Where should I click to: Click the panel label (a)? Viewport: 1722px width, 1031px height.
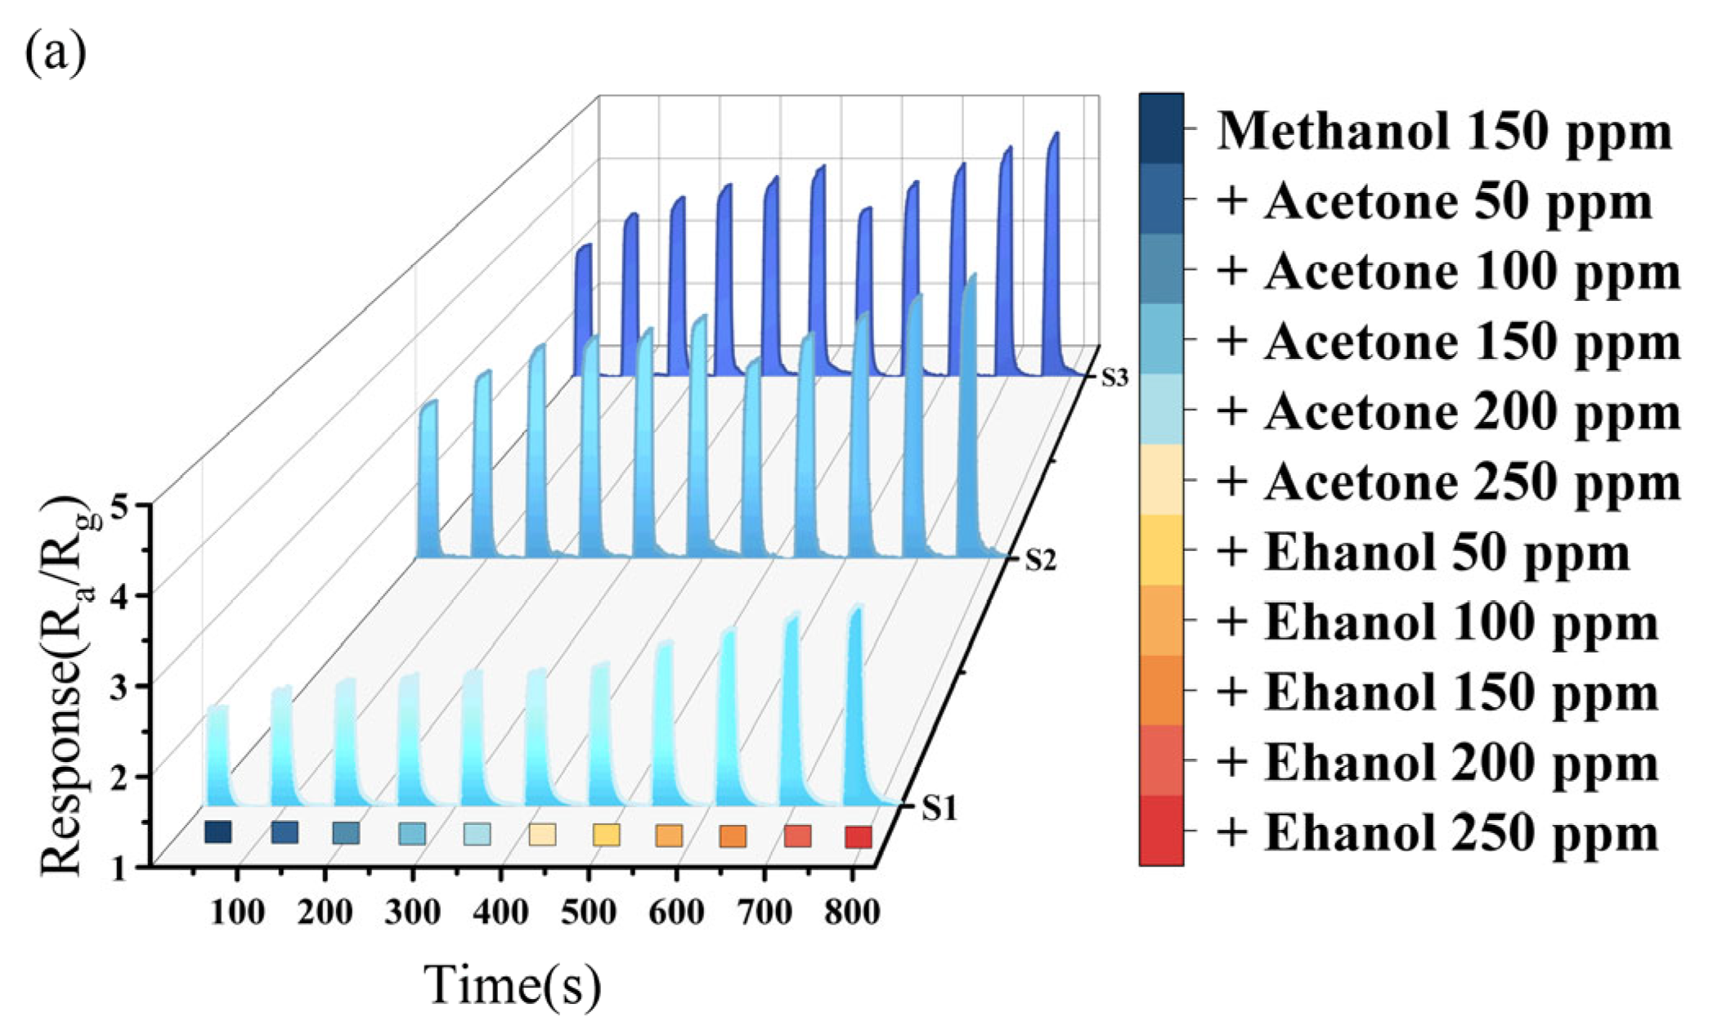point(56,54)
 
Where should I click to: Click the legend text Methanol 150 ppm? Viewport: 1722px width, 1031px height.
point(1444,131)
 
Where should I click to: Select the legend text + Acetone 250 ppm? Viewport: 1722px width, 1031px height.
point(1447,482)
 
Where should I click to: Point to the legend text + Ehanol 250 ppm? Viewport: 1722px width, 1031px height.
point(1437,833)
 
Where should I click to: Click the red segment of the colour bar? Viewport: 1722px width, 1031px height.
point(1161,830)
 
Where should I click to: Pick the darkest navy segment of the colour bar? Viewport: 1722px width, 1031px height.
point(1161,128)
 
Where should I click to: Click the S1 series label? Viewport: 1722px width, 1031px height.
point(939,808)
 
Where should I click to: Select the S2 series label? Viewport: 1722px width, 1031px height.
point(1040,560)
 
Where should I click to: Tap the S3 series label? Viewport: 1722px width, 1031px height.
point(1114,378)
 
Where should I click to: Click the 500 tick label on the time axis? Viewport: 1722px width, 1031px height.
point(588,912)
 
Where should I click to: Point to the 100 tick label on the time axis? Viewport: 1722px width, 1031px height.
point(237,912)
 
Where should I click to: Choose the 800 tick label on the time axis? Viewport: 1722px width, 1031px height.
point(852,912)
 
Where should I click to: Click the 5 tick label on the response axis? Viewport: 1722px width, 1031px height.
point(120,508)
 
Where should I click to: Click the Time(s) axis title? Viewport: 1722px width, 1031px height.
point(512,984)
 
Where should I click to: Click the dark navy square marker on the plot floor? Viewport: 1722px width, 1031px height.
point(217,832)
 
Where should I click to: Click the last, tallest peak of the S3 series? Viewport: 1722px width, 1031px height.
point(1054,245)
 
